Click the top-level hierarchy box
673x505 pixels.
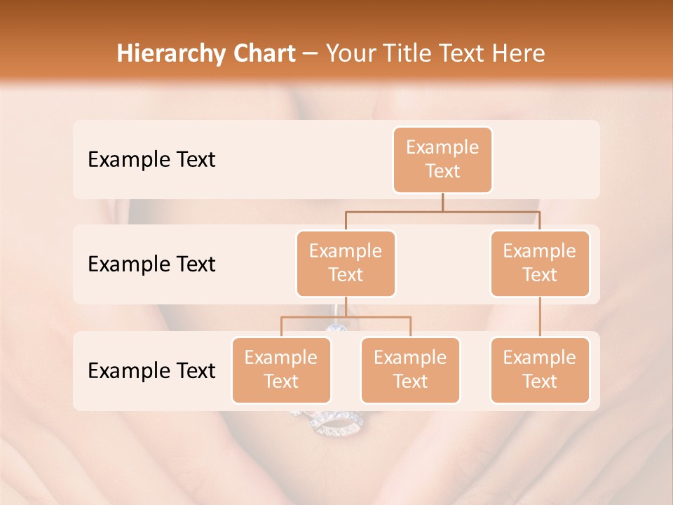coord(442,159)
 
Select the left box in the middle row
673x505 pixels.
coord(346,263)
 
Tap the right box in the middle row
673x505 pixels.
coord(540,263)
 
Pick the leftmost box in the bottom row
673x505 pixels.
coord(281,370)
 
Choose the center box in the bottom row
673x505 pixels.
coord(410,370)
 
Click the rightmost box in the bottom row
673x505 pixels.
coord(540,370)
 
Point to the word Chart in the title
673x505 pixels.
coord(264,53)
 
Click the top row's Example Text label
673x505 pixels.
coord(151,159)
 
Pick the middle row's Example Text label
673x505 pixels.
coord(151,264)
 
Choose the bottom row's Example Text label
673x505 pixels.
coord(151,370)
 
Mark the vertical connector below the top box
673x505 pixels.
coord(442,202)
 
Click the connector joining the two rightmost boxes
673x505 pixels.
coord(540,317)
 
